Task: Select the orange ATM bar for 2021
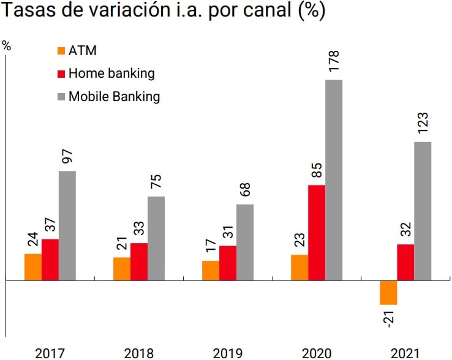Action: tap(388, 292)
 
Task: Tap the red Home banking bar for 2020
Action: tap(317, 232)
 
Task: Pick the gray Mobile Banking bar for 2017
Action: tap(67, 225)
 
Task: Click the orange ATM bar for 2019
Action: tap(211, 270)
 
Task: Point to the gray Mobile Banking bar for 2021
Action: tap(423, 211)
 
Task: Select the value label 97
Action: tap(67, 159)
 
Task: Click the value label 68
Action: tap(245, 190)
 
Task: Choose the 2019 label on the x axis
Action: tap(228, 353)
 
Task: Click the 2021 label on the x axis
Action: tap(405, 353)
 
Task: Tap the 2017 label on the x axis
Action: tap(50, 353)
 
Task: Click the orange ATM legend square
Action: tap(60, 51)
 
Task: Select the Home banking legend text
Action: tap(111, 73)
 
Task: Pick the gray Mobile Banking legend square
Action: tap(60, 97)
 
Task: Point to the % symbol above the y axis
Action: tap(7, 45)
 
